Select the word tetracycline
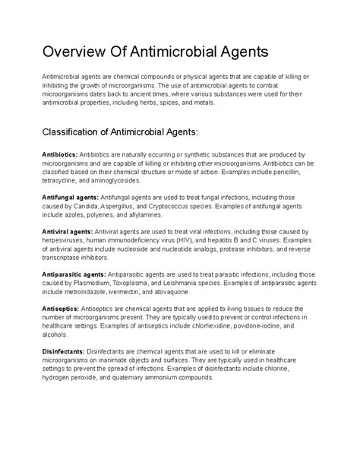point(62,182)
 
